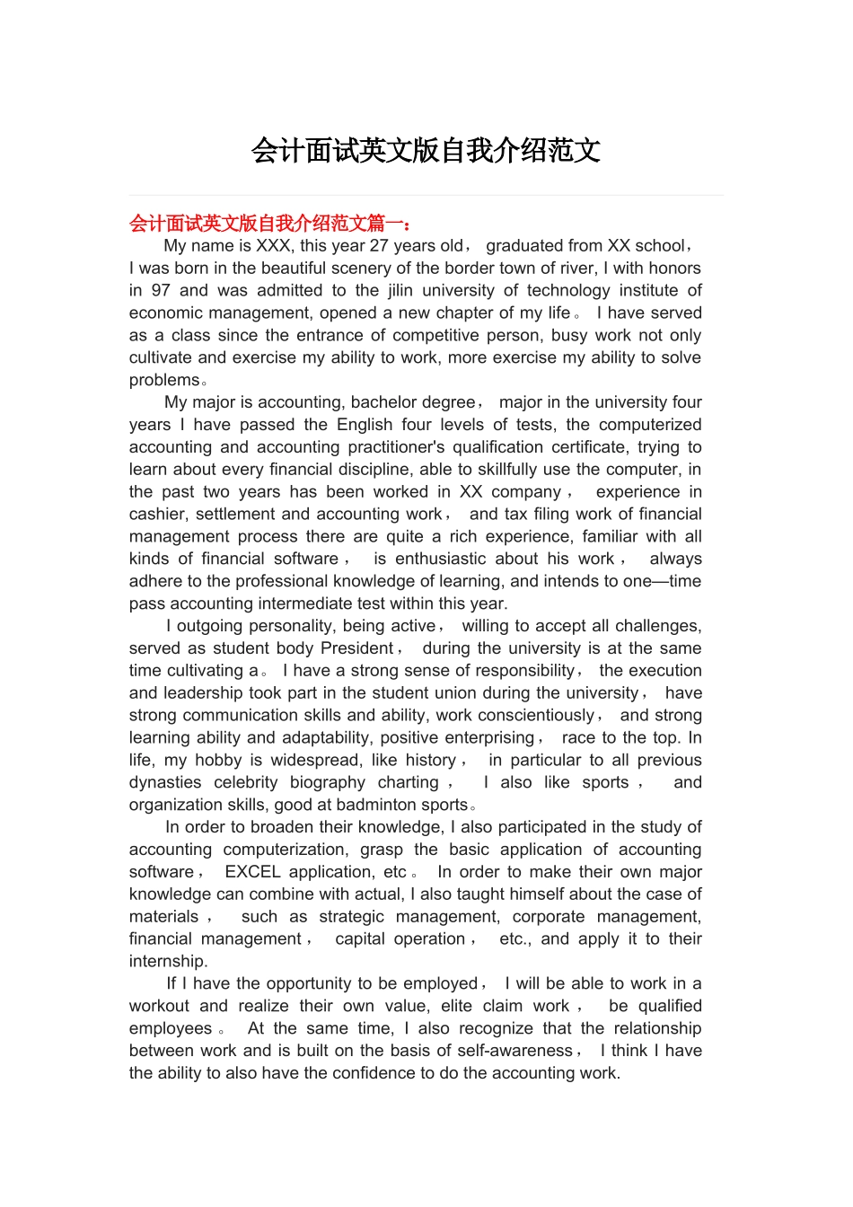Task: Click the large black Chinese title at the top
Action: [426, 151]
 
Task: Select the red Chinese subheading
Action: [270, 223]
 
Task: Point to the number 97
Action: [161, 291]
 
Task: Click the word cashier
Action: [157, 515]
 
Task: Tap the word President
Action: [356, 648]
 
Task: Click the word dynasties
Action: [165, 782]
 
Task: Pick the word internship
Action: [167, 961]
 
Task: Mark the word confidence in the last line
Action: [398, 1073]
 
